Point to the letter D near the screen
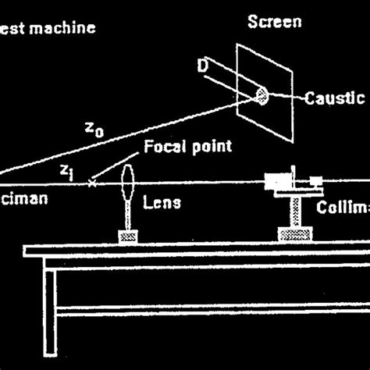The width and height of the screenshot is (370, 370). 204,68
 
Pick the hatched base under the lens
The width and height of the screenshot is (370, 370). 128,235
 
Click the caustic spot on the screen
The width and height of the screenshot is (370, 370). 261,96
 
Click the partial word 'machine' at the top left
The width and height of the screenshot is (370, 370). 66,29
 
